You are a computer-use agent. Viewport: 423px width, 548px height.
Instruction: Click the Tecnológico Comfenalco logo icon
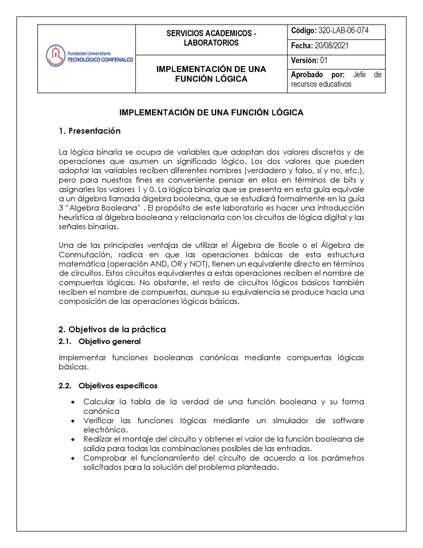point(55,56)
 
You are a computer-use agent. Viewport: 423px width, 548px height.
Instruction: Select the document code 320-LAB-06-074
point(343,31)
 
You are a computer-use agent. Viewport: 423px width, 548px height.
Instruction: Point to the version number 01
point(324,60)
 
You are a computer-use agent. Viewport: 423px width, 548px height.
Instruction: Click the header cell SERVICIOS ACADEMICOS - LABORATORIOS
point(211,38)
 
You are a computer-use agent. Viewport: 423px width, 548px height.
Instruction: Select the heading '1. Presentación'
point(90,131)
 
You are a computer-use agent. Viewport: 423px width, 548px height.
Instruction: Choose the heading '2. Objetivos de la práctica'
point(112,329)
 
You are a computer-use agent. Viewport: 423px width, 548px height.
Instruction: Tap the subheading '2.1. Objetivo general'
point(99,341)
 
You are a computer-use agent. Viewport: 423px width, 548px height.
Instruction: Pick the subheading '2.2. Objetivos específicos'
point(108,386)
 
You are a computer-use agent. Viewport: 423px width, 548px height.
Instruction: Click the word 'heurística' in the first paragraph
point(77,217)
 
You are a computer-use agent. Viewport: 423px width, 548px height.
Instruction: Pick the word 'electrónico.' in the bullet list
point(105,430)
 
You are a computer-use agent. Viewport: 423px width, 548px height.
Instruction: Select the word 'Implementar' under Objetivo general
point(82,358)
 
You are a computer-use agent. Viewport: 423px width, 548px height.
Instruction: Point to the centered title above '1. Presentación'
point(211,113)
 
